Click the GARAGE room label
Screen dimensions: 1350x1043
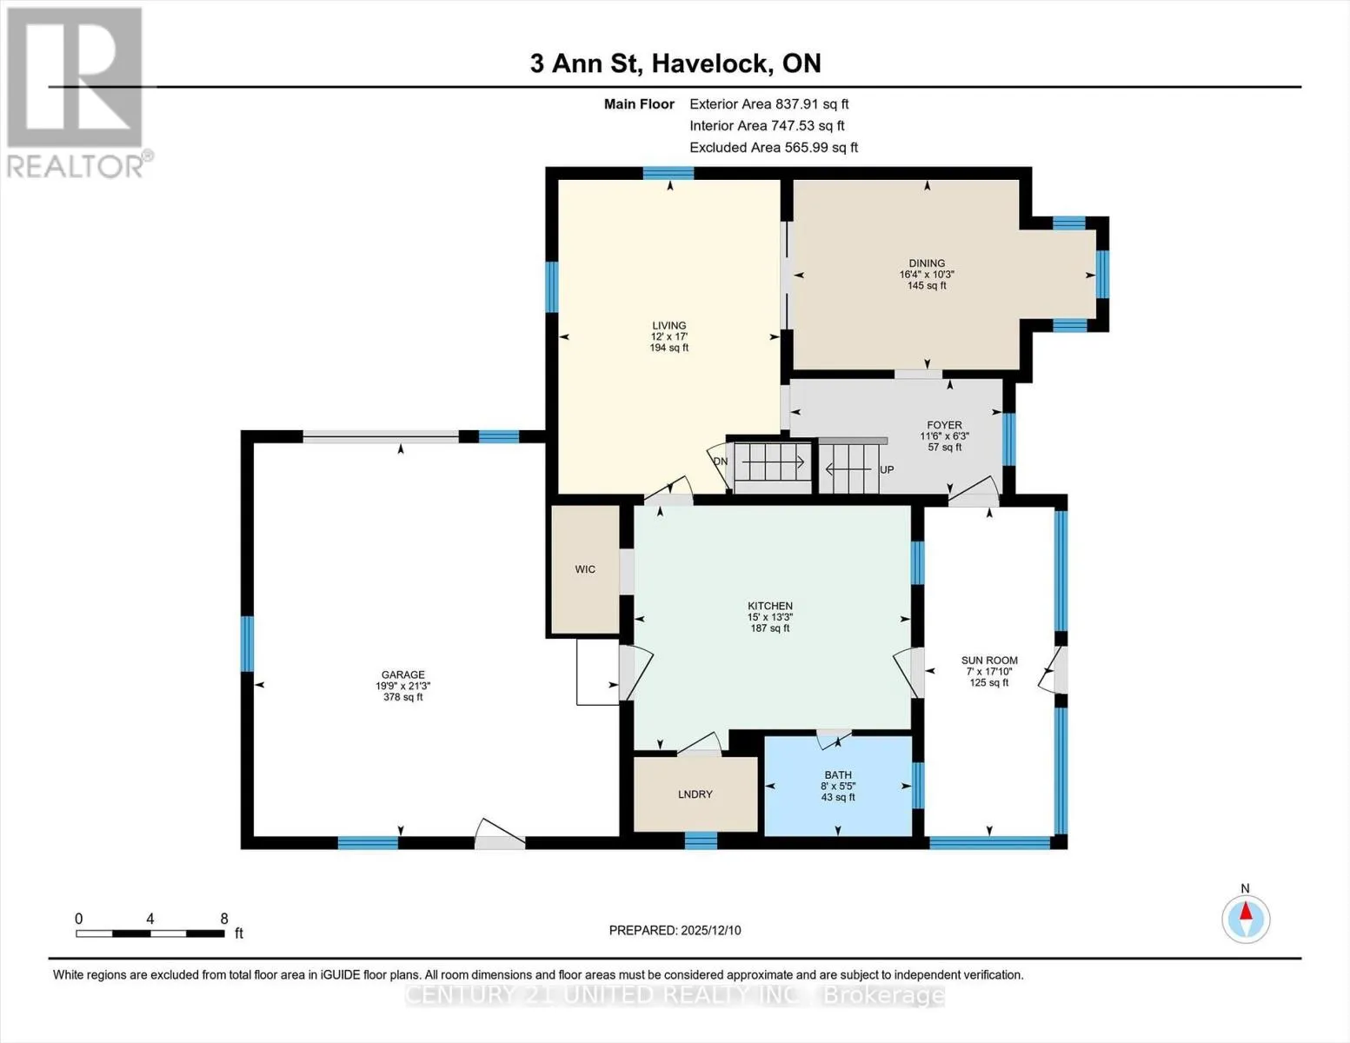[x=403, y=674]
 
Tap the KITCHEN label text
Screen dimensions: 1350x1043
[x=769, y=606]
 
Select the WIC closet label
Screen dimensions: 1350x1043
[x=585, y=569]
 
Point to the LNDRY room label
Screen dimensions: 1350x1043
[x=695, y=794]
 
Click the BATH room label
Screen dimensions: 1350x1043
[x=838, y=774]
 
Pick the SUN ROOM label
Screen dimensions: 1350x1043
[x=989, y=661]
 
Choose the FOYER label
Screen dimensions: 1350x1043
[x=944, y=426]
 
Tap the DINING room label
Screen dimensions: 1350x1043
[x=927, y=263]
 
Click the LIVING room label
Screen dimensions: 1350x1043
[x=669, y=326]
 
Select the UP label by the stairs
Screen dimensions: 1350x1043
[x=887, y=469]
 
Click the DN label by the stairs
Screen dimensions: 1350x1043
[x=720, y=461]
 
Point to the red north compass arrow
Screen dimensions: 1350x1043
[x=1246, y=911]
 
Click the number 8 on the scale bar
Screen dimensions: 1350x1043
[x=224, y=918]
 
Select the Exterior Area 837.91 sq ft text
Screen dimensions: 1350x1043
[x=769, y=103]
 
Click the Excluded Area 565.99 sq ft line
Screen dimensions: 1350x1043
[x=774, y=147]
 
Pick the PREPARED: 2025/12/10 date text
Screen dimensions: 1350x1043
[x=675, y=930]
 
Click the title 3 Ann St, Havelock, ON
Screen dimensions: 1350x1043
[x=675, y=63]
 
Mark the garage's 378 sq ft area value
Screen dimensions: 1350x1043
[x=403, y=697]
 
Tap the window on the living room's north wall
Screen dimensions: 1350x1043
[x=668, y=173]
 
